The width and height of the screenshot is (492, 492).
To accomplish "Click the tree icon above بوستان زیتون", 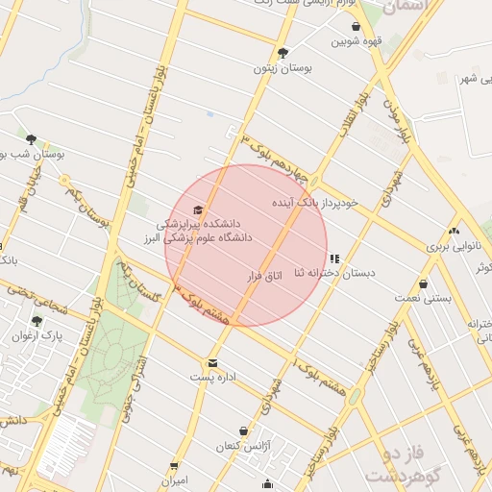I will click(283, 53).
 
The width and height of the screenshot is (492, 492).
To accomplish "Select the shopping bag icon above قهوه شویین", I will click(357, 26).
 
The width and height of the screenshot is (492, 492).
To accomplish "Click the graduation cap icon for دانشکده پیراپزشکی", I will click(199, 209).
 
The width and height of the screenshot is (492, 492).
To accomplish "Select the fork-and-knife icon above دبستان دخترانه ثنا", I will click(334, 258).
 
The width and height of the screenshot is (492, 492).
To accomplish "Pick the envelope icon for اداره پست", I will click(211, 363).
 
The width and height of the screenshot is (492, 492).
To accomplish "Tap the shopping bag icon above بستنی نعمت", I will click(424, 284).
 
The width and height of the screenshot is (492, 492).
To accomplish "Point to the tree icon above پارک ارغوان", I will click(37, 321).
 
